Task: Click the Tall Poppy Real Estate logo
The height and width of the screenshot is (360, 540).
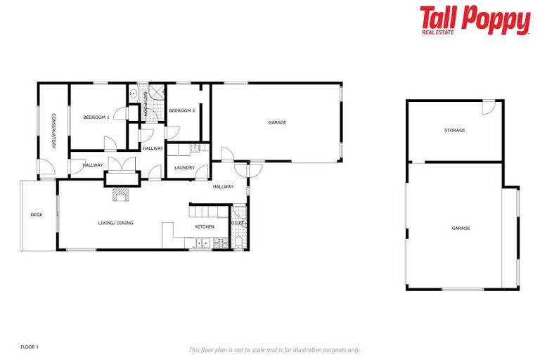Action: tap(475, 20)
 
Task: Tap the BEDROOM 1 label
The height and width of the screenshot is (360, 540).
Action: tap(96, 117)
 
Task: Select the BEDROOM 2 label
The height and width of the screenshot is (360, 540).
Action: tap(181, 110)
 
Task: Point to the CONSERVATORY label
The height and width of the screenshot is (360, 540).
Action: tap(53, 131)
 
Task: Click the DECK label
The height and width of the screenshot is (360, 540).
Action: tap(37, 214)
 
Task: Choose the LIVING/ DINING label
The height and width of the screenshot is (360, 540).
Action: tap(115, 223)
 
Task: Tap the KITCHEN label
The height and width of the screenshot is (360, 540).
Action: tap(205, 226)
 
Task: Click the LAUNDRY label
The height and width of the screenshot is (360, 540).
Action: tap(184, 167)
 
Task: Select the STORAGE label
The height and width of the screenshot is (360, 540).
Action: tap(454, 130)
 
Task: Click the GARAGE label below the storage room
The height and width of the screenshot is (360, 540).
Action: tap(461, 228)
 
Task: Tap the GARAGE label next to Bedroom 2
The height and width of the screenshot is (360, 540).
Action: tap(277, 122)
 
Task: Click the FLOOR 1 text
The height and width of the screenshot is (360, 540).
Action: tap(30, 347)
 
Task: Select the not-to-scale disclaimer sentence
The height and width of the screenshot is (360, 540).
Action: tap(275, 349)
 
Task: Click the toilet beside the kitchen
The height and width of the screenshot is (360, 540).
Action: tap(239, 243)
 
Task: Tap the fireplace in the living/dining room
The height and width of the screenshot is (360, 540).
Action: tap(123, 195)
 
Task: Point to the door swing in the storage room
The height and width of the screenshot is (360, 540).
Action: tap(489, 107)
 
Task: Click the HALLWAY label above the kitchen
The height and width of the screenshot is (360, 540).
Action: tap(223, 186)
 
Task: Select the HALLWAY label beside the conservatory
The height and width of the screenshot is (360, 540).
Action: tap(93, 165)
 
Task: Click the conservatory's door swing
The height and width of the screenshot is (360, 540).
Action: tap(45, 167)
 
